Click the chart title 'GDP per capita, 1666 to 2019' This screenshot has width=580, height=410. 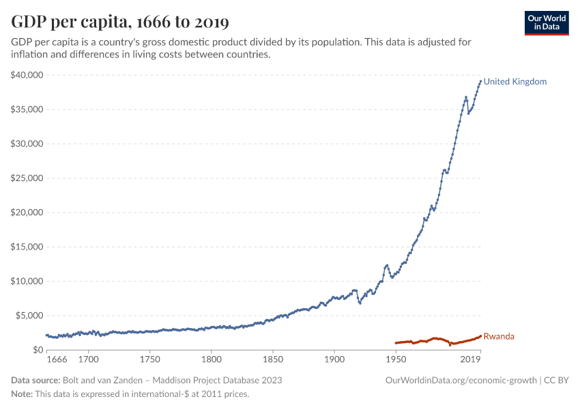(120, 22)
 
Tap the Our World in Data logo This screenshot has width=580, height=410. (547, 23)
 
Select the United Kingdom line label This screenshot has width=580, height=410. (515, 81)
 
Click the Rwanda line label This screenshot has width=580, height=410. (499, 336)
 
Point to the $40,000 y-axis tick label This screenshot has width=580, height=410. (27, 75)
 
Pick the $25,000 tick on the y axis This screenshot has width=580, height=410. (27, 178)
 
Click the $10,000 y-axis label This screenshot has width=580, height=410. (27, 281)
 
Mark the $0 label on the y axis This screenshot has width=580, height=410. (38, 350)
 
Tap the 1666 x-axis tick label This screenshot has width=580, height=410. (57, 359)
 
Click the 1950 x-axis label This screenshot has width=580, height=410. (396, 359)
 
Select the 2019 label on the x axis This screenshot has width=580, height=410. (471, 359)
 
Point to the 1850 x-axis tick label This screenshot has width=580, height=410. (272, 359)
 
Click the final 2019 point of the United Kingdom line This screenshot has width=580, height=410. (480, 81)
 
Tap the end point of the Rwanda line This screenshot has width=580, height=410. (480, 336)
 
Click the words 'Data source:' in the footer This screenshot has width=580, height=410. (35, 380)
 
